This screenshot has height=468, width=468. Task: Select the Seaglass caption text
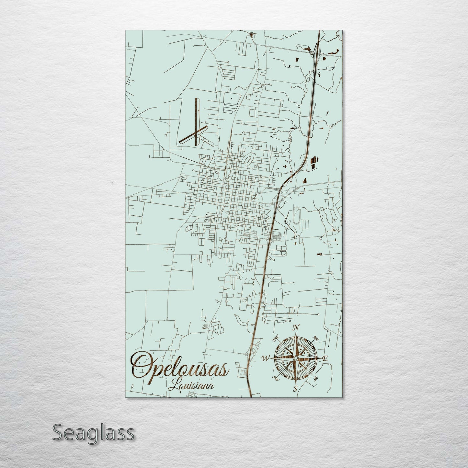point(93,433)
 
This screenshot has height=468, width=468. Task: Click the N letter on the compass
point(295,328)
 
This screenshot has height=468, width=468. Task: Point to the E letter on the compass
point(325,359)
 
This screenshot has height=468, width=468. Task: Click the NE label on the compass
point(316,339)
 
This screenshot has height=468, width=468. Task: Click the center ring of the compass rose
point(295,358)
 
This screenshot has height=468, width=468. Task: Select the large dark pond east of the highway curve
point(313,161)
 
